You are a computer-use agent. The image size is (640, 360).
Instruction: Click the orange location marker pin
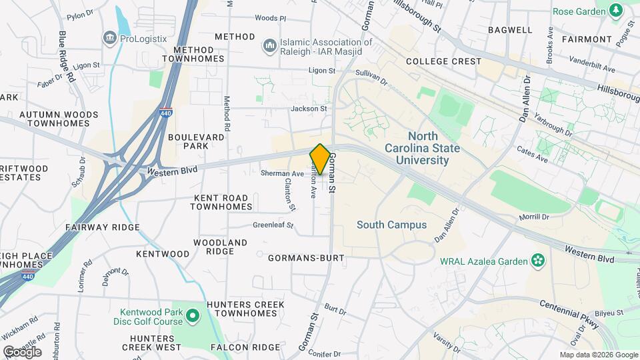pyautogui.click(x=320, y=159)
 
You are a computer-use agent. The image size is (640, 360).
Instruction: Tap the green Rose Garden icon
pyautogui.click(x=615, y=9)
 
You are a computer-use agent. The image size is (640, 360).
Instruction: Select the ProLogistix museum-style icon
pyautogui.click(x=109, y=39)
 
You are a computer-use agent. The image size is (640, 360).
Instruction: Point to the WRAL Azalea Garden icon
pyautogui.click(x=538, y=261)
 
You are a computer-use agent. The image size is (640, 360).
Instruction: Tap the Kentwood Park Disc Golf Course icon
pyautogui.click(x=193, y=315)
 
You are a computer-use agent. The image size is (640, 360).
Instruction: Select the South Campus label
pyautogui.click(x=391, y=225)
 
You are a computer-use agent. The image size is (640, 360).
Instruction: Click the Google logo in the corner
pyautogui.click(x=22, y=352)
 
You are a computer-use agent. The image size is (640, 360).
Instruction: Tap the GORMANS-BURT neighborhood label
pyautogui.click(x=306, y=257)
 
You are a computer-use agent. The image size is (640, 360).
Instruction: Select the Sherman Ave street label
pyautogui.click(x=282, y=173)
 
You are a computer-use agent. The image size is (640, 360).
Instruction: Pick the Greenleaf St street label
pyautogui.click(x=273, y=225)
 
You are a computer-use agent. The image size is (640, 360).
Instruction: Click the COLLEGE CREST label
pyautogui.click(x=443, y=61)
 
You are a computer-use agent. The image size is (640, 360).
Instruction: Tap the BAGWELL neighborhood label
pyautogui.click(x=510, y=30)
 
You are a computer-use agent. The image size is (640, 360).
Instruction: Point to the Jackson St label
pyautogui.click(x=309, y=108)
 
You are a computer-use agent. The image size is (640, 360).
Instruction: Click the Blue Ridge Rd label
pyautogui.click(x=67, y=56)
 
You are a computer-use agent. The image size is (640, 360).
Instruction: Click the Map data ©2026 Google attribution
pyautogui.click(x=598, y=355)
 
